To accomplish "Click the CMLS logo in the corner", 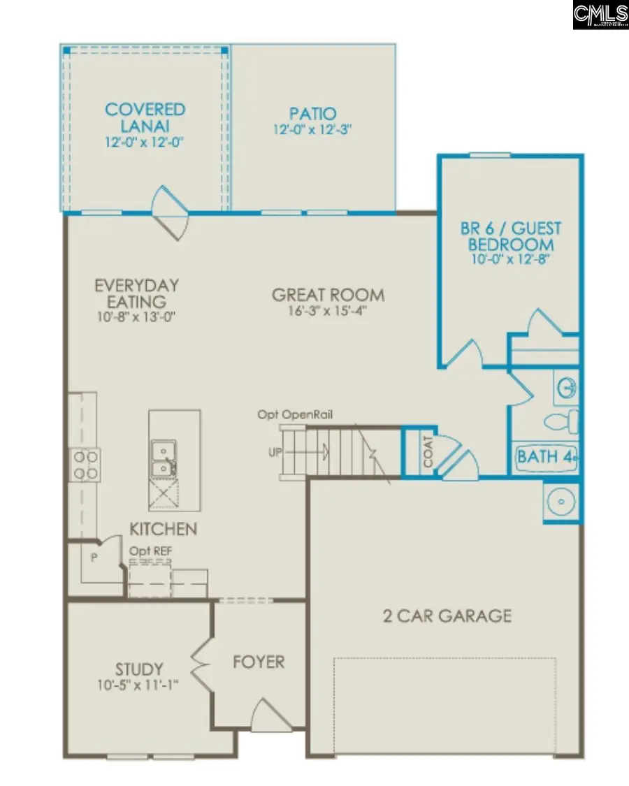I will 600,15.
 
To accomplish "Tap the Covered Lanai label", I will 145,117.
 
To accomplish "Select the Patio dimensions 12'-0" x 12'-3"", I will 312,130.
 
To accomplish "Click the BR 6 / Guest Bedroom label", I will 510,236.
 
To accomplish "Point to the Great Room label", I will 328,295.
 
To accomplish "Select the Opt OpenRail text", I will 294,415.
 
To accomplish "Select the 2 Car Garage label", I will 447,616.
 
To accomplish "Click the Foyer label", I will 259,661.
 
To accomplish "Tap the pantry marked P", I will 92,558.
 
